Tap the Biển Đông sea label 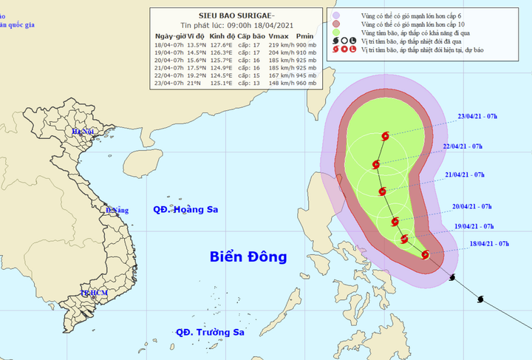(x=248, y=257)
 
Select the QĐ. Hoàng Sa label (x=185, y=210)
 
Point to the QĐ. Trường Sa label (x=209, y=333)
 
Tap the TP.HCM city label (x=94, y=293)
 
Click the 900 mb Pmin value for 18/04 (x=305, y=44)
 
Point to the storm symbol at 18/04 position (x=425, y=254)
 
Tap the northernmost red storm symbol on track (x=384, y=136)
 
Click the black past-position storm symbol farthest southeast (x=481, y=299)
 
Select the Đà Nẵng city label (x=117, y=211)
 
